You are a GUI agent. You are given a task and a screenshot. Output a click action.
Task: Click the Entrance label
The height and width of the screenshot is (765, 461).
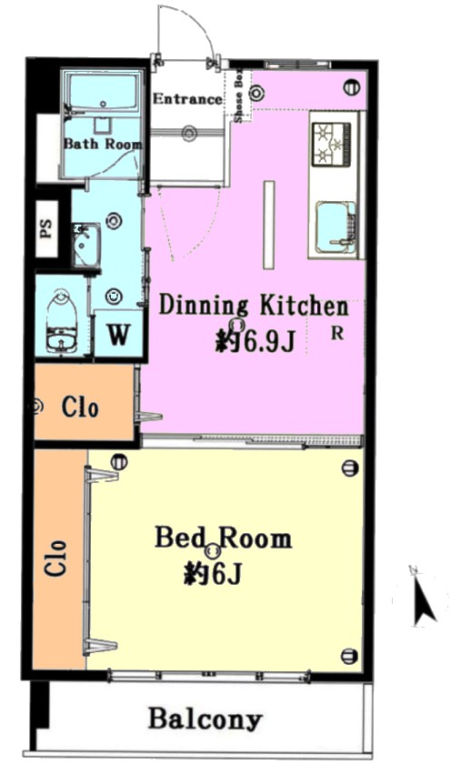[187, 98]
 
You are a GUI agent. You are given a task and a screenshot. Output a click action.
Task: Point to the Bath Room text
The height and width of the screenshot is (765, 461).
[103, 144]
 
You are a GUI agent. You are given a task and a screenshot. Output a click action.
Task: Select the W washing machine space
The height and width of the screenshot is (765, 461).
[118, 334]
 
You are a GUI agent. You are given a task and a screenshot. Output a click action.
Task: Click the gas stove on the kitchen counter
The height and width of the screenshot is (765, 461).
[332, 144]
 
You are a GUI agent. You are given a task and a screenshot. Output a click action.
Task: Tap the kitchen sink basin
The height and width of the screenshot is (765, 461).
[336, 226]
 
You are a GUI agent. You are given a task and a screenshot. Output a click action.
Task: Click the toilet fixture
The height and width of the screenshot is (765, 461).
[62, 321]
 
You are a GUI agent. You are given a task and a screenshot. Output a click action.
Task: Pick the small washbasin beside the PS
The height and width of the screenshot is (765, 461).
[86, 245]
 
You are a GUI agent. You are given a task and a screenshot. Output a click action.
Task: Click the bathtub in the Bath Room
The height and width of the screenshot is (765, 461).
[103, 93]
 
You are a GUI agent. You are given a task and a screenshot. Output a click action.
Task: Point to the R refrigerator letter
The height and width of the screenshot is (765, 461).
[337, 333]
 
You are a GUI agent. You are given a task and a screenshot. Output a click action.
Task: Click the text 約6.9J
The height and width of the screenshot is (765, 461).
[256, 340]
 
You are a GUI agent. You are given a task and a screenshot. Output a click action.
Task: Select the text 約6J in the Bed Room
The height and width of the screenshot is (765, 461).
[213, 573]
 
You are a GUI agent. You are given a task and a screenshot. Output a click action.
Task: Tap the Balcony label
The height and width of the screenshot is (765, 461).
[205, 719]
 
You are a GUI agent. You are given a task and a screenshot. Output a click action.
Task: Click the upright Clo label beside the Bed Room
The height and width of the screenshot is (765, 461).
[55, 558]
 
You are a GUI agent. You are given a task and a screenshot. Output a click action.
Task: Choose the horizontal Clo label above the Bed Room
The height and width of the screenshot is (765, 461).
[80, 407]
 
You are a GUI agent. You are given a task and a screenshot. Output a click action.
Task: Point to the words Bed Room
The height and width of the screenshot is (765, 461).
[224, 538]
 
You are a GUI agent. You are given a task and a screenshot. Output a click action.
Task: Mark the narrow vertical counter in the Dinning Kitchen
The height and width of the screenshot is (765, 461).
[269, 225]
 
